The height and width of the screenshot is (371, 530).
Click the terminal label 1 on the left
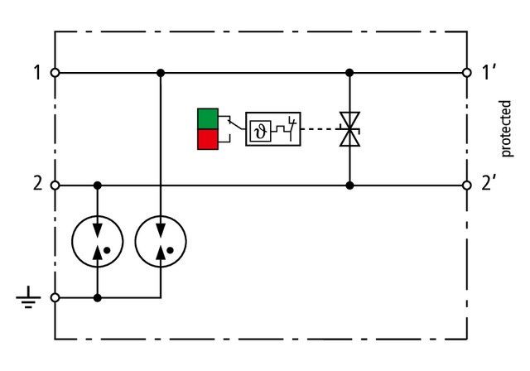pos(37,73)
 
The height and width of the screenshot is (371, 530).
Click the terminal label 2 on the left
pos(37,184)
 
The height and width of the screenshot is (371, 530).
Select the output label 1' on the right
pos(489,73)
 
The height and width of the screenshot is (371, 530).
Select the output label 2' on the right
pos(489,184)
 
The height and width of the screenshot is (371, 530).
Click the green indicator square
pos(207,118)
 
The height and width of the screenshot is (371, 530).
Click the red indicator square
pos(207,139)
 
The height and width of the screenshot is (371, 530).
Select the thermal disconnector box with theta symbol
pos(272,129)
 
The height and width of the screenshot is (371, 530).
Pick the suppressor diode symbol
pos(349,129)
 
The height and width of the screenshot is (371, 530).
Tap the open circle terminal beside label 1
pos(55,73)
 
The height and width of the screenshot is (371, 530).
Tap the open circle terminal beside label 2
pos(55,185)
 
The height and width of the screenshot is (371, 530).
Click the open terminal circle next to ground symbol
pos(55,296)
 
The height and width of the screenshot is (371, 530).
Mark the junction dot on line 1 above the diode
pos(349,73)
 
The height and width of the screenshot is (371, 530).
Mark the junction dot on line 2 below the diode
pos(349,185)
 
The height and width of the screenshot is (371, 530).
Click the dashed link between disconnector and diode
pos(320,129)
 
